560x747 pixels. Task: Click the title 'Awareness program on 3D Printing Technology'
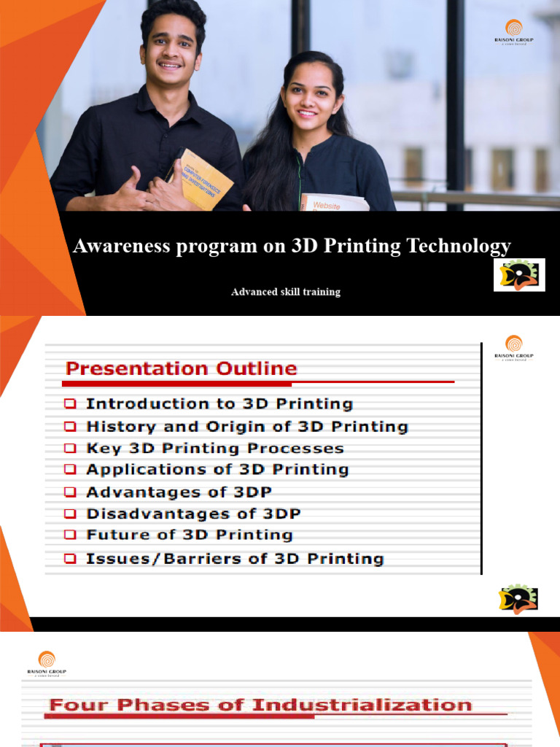pos(292,247)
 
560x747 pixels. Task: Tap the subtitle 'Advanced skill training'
pos(286,292)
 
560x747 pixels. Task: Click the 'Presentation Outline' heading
pos(182,368)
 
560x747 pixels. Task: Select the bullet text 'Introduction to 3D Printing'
pos(219,403)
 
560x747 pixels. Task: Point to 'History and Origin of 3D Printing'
pos(247,426)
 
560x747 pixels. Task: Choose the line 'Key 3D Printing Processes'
pos(215,448)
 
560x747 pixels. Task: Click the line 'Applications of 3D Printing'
pos(217,469)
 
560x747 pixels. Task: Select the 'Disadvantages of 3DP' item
pos(193,514)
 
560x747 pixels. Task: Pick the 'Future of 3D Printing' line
pos(190,535)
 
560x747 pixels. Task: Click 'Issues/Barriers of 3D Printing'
pos(235,559)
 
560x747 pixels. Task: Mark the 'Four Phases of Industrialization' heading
pos(260,705)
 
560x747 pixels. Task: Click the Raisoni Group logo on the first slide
pos(514,33)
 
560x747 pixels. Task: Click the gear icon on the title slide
pos(518,275)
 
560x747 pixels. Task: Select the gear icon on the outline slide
pos(518,598)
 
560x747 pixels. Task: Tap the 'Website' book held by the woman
pos(334,202)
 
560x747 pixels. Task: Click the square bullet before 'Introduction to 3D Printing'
pos(70,403)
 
